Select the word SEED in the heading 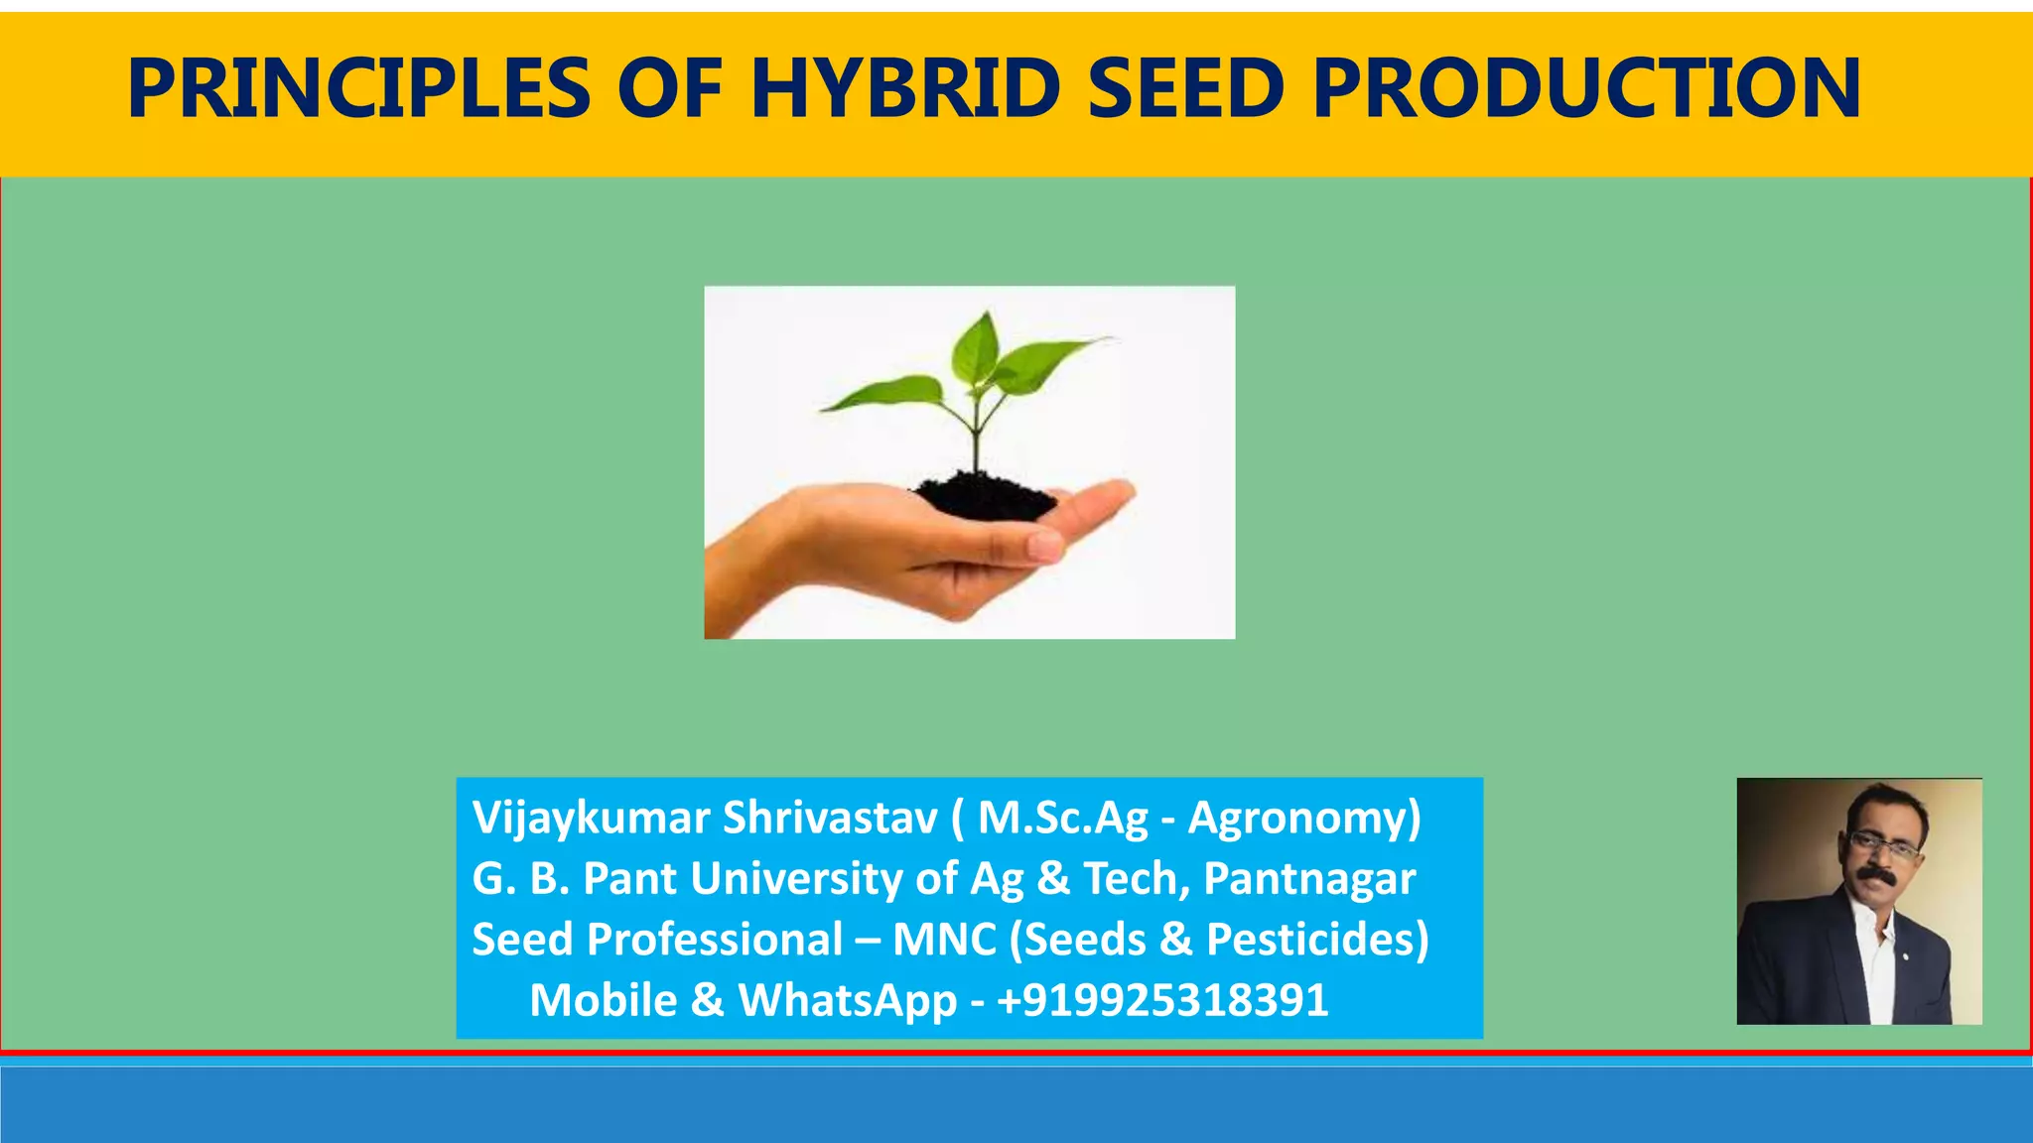point(1187,89)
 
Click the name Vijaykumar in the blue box point(590,819)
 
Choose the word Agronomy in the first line point(1304,819)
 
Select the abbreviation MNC point(943,940)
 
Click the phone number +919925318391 point(1162,1000)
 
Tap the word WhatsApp point(848,1000)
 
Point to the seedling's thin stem point(977,437)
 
